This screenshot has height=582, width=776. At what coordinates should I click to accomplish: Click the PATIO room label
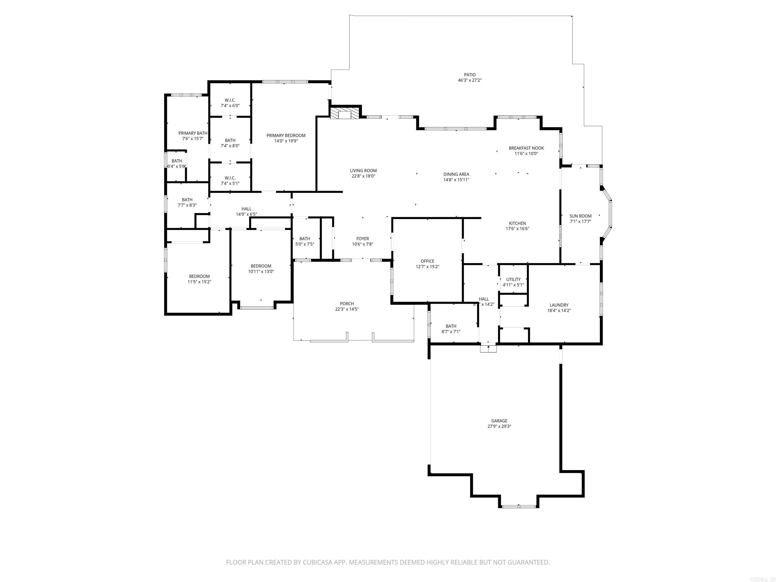tap(470, 75)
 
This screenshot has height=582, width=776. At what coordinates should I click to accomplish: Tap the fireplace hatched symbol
tap(345, 113)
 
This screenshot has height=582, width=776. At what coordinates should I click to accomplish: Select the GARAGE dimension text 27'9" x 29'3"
tap(499, 426)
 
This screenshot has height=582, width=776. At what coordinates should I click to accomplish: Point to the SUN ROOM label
tap(580, 216)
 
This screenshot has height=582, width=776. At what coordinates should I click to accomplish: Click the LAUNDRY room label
tap(559, 305)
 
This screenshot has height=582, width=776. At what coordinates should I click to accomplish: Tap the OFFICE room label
tap(427, 261)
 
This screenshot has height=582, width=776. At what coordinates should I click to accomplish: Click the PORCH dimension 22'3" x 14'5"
tap(347, 309)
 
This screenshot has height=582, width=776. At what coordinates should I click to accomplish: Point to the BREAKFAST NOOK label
tap(526, 148)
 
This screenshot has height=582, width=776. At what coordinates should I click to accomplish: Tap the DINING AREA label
tap(456, 174)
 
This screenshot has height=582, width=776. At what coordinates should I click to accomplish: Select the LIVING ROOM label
tap(363, 171)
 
